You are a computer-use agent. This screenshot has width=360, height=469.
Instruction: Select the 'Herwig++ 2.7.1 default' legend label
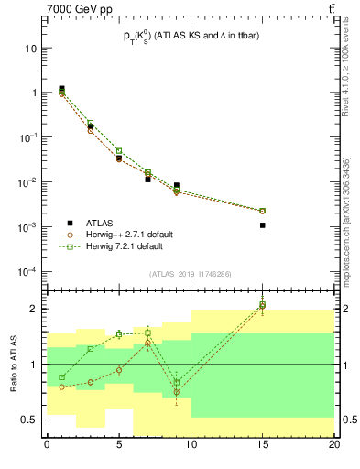click(x=129, y=234)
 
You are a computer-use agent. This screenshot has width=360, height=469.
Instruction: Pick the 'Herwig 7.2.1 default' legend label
click(x=125, y=246)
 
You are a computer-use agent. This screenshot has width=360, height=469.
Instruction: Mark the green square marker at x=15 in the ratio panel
click(x=263, y=304)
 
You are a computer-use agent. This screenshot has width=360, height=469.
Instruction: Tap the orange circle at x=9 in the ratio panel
click(x=177, y=392)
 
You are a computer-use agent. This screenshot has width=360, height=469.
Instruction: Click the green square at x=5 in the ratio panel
click(x=119, y=334)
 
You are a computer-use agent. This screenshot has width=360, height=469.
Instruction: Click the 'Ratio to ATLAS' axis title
click(x=13, y=365)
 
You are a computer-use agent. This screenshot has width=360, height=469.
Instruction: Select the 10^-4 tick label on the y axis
click(x=27, y=272)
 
